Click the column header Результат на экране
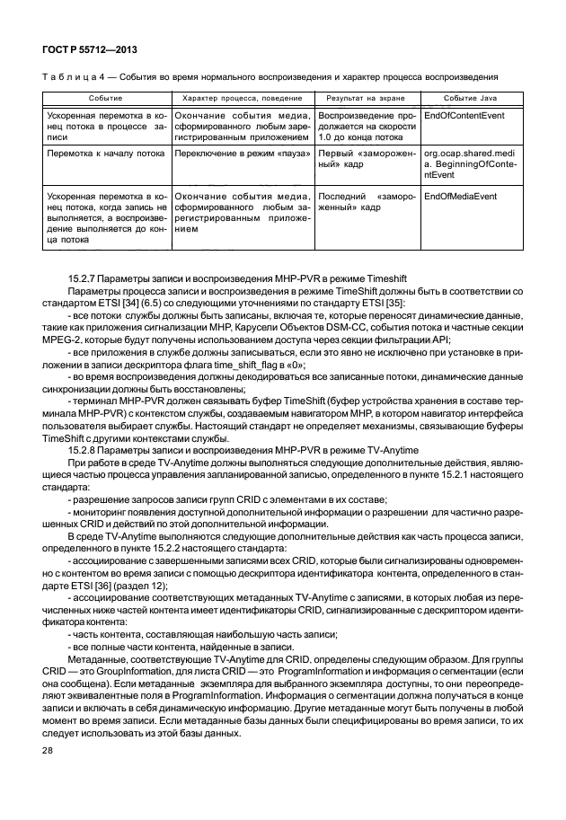[365, 96]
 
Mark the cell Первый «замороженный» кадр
[365, 159]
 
